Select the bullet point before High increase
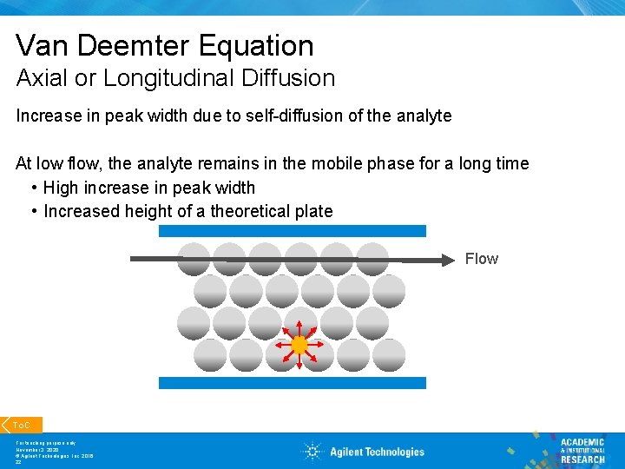32,188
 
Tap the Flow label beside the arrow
481,259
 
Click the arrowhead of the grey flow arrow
450,258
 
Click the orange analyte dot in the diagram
299,345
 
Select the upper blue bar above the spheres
293,231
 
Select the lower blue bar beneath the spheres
293,382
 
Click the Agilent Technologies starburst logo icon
312,451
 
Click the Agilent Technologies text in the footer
377,452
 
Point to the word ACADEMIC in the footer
582,442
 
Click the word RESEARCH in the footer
582,459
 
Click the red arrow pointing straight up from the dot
299,329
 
